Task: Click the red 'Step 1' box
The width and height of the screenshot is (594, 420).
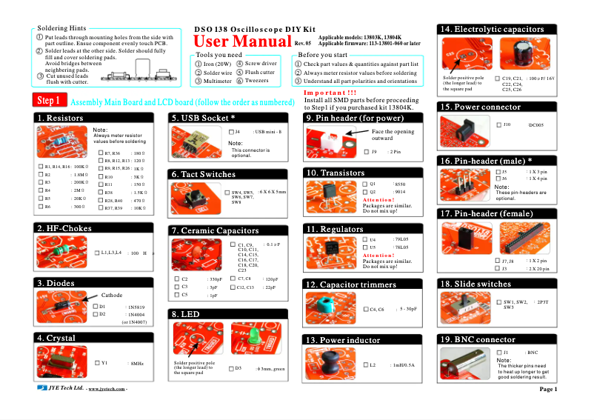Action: coord(52,101)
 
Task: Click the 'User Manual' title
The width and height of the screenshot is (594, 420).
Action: coord(242,41)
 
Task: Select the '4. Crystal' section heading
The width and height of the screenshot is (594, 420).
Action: coord(56,338)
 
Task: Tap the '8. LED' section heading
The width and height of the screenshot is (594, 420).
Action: coord(185,314)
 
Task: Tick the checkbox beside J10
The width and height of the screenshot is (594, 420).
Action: coord(497,125)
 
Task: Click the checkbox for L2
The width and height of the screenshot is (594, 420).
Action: coord(366,364)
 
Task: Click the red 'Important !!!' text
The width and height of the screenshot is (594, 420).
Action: coord(330,92)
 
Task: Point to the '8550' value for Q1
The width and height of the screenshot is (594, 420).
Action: coord(401,183)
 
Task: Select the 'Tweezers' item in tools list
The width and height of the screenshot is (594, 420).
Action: coord(256,81)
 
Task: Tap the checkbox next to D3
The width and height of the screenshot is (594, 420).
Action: coord(230,368)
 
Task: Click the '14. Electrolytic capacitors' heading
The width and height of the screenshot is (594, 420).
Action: coord(492,29)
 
